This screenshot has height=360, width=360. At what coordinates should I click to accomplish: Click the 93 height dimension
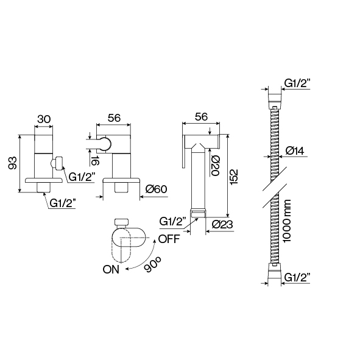click(13, 163)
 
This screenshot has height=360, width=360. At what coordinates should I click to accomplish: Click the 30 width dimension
click(44, 119)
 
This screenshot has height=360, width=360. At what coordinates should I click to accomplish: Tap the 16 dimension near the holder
click(94, 161)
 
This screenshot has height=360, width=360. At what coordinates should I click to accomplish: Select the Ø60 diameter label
click(157, 189)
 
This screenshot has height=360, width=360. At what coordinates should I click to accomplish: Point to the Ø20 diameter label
click(216, 166)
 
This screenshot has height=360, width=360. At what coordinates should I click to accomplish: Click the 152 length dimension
click(234, 177)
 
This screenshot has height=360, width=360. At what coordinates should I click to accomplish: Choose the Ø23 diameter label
click(222, 225)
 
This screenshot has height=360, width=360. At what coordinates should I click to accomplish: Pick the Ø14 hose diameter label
click(295, 151)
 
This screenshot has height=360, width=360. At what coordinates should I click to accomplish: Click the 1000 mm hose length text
click(287, 221)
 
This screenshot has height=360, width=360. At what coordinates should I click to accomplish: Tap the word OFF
click(169, 239)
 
